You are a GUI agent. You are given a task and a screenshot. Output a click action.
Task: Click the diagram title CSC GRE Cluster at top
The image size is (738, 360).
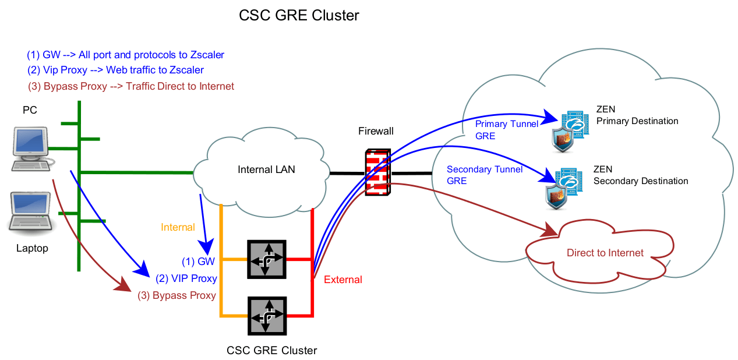(299, 16)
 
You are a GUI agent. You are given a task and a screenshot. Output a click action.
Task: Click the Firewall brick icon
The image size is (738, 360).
(377, 172)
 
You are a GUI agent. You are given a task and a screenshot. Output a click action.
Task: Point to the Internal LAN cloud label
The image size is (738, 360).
(266, 170)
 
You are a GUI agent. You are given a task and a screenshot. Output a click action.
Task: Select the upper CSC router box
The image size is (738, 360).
(266, 259)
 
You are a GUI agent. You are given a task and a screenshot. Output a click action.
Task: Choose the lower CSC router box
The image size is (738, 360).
(266, 315)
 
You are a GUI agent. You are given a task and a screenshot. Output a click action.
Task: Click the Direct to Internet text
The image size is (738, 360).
(605, 253)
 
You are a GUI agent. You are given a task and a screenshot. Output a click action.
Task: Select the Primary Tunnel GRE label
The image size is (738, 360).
(499, 130)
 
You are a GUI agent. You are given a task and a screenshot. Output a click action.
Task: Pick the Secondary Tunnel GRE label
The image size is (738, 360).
(485, 175)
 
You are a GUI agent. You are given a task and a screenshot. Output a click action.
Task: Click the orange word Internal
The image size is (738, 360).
(178, 227)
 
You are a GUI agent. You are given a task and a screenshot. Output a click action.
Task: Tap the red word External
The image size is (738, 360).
(342, 280)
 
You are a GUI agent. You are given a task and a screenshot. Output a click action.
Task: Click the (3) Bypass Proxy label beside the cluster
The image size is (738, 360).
(176, 295)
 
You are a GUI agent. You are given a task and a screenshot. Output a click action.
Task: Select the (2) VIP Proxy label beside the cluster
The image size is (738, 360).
(186, 278)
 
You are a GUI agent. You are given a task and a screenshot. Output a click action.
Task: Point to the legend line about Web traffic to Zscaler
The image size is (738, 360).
(115, 70)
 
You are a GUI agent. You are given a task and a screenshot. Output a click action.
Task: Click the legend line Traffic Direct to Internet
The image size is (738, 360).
(131, 86)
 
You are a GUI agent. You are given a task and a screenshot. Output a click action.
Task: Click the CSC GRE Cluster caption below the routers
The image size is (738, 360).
(271, 350)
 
